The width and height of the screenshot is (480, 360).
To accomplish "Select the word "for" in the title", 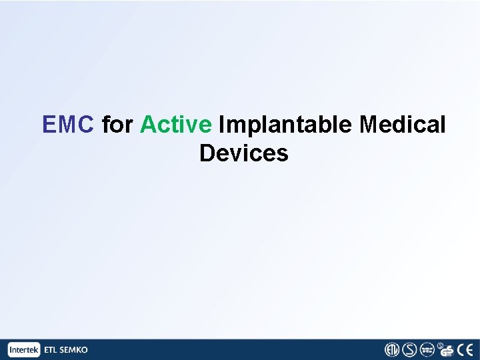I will (117, 124).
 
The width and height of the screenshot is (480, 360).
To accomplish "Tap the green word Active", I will (176, 124).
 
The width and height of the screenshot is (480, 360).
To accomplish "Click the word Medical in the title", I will (402, 124).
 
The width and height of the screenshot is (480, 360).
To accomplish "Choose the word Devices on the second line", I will (243, 153).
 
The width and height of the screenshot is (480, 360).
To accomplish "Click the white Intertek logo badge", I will (25, 349).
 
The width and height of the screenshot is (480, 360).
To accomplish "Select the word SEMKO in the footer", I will (74, 349).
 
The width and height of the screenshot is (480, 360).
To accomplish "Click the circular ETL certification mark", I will (391, 349).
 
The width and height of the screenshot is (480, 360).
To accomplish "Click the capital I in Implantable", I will (222, 124).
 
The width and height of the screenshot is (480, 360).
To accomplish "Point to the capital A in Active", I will (147, 124).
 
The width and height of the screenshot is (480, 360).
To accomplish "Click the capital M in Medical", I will (368, 124).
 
